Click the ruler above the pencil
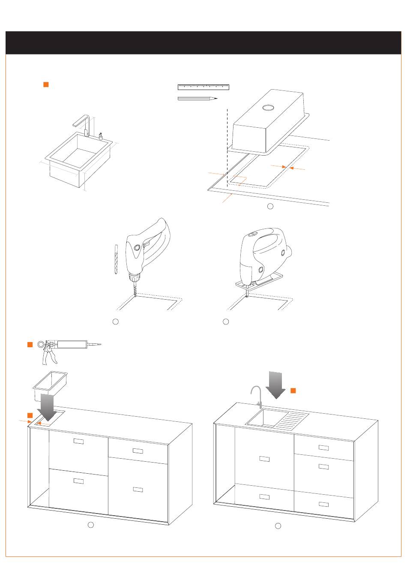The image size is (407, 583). coord(203,87)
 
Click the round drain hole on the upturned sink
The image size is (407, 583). coord(269,107)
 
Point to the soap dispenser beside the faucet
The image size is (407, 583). coord(101,136)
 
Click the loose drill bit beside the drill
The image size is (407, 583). coord(116,260)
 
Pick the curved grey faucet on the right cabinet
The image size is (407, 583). coord(257,397)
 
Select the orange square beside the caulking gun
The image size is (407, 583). coord(30,345)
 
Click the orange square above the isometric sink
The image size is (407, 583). coord(46,84)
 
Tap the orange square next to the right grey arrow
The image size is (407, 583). coord(293,390)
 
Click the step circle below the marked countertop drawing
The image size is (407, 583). coord(270,206)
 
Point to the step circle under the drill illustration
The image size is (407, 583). coord(115,321)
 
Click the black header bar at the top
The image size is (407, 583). coord(203,42)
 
